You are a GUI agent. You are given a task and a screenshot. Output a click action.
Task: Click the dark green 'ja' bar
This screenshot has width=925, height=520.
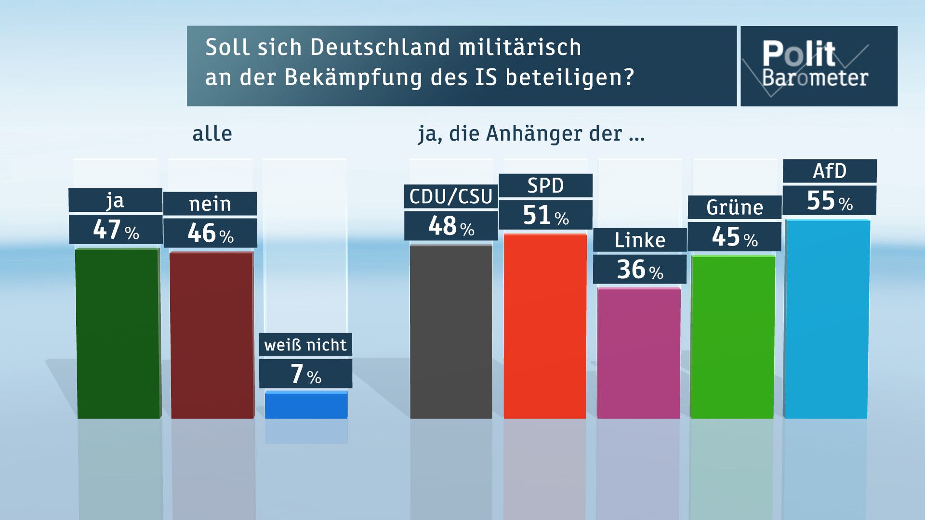119,333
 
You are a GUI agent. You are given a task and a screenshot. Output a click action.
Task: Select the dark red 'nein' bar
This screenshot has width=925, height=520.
212,335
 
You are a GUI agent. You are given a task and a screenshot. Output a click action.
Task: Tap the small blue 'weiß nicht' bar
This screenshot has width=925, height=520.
306,405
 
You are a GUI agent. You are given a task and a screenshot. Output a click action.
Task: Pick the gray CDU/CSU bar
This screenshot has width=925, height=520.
451,332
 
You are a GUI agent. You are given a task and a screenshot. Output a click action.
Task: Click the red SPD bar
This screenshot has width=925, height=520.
545,326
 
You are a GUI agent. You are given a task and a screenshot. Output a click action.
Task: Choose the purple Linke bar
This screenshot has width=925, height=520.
639,353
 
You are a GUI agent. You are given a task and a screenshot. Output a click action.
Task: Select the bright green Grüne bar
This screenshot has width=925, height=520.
733,337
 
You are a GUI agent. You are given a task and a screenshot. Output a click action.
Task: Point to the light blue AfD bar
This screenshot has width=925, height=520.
827,319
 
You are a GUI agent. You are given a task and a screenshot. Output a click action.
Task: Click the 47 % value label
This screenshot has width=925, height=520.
116,230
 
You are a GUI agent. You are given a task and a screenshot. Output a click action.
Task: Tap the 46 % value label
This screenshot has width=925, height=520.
211,233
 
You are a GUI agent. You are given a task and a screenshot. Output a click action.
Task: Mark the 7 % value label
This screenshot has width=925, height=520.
306,374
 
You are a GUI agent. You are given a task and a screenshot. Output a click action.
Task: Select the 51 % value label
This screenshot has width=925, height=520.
545,215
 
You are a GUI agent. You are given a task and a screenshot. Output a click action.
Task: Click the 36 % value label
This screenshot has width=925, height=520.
640,269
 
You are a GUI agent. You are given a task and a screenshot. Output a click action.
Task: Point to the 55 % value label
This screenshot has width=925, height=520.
830,200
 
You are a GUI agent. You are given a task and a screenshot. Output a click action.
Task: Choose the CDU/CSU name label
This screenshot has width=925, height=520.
451,196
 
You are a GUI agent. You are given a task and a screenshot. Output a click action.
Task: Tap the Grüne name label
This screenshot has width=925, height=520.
735,208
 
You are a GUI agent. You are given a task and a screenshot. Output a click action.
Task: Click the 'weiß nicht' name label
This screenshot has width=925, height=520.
305,345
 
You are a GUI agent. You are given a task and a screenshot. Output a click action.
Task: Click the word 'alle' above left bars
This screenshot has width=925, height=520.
212,133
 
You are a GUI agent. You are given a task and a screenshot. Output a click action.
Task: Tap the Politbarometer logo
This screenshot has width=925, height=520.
819,66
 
